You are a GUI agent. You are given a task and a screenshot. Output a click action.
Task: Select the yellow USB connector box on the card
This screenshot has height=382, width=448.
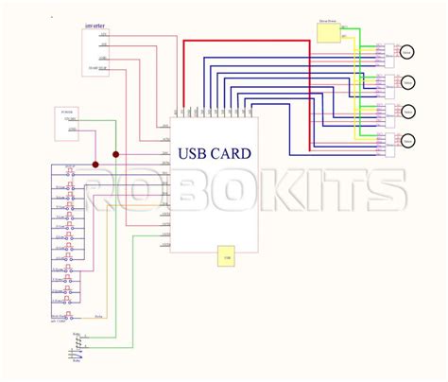pyautogui.click(x=227, y=256)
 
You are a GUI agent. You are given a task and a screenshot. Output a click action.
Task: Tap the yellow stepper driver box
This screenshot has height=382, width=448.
pyautogui.click(x=327, y=34)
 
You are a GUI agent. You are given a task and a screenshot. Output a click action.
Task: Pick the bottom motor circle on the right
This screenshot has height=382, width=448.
pyautogui.click(x=408, y=142)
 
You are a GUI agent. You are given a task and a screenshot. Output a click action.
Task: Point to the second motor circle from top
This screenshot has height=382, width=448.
pyautogui.click(x=408, y=81)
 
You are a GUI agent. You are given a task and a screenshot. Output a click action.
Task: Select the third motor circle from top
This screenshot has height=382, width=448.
pyautogui.click(x=408, y=112)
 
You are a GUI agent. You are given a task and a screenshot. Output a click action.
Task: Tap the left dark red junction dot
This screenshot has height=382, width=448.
pyautogui.click(x=95, y=165)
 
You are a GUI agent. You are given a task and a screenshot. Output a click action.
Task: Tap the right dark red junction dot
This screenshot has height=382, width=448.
pyautogui.click(x=116, y=154)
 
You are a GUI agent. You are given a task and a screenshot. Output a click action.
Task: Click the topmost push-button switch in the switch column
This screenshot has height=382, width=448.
pyautogui.click(x=67, y=170)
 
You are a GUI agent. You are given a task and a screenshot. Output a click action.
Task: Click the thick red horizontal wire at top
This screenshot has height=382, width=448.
pyautogui.click(x=246, y=42)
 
